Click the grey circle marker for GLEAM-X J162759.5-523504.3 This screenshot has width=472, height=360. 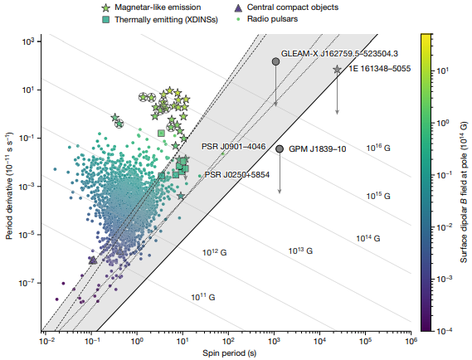tap(275, 61)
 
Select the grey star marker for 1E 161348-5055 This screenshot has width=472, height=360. tap(337, 70)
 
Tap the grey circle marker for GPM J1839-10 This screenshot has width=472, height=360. tap(280, 148)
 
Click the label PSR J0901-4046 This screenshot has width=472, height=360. tap(235, 146)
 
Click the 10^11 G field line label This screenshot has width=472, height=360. tap(202, 296)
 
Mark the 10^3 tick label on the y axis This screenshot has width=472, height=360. tap(27, 41)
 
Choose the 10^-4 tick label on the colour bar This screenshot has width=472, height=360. tap(446, 331)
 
